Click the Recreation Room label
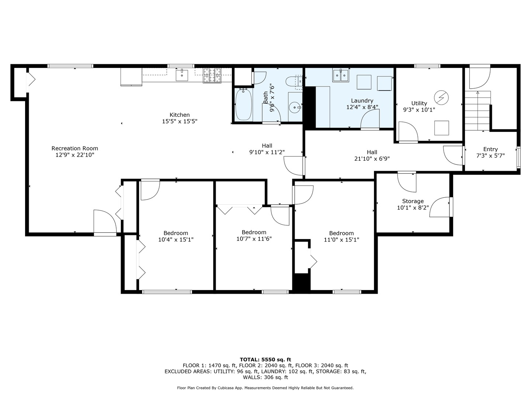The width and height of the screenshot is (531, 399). click(x=74, y=149)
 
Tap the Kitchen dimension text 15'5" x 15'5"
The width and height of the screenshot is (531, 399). click(x=180, y=121)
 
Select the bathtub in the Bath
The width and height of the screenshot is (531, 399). click(x=243, y=105)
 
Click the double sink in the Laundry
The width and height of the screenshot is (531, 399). click(x=341, y=76)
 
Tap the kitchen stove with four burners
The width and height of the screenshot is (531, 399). click(x=212, y=75)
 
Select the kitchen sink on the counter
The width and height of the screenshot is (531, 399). click(x=182, y=75)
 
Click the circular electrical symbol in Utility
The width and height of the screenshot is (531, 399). click(x=441, y=97)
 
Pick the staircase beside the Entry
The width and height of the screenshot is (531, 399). click(x=478, y=110)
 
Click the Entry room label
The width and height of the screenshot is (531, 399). click(x=490, y=149)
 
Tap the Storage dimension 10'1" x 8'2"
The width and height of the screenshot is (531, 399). click(x=413, y=208)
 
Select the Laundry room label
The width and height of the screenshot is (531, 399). click(x=362, y=100)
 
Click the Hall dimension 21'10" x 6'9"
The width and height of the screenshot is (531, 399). click(x=372, y=158)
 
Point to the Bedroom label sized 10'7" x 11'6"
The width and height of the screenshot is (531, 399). click(x=254, y=232)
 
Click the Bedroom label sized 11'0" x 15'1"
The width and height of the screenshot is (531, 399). click(x=341, y=233)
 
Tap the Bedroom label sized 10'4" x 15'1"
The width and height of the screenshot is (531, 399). click(x=176, y=233)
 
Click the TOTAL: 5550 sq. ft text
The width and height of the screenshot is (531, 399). click(x=265, y=359)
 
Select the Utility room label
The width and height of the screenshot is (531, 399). click(x=419, y=103)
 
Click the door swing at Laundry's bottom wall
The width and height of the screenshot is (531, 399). click(x=370, y=120)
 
